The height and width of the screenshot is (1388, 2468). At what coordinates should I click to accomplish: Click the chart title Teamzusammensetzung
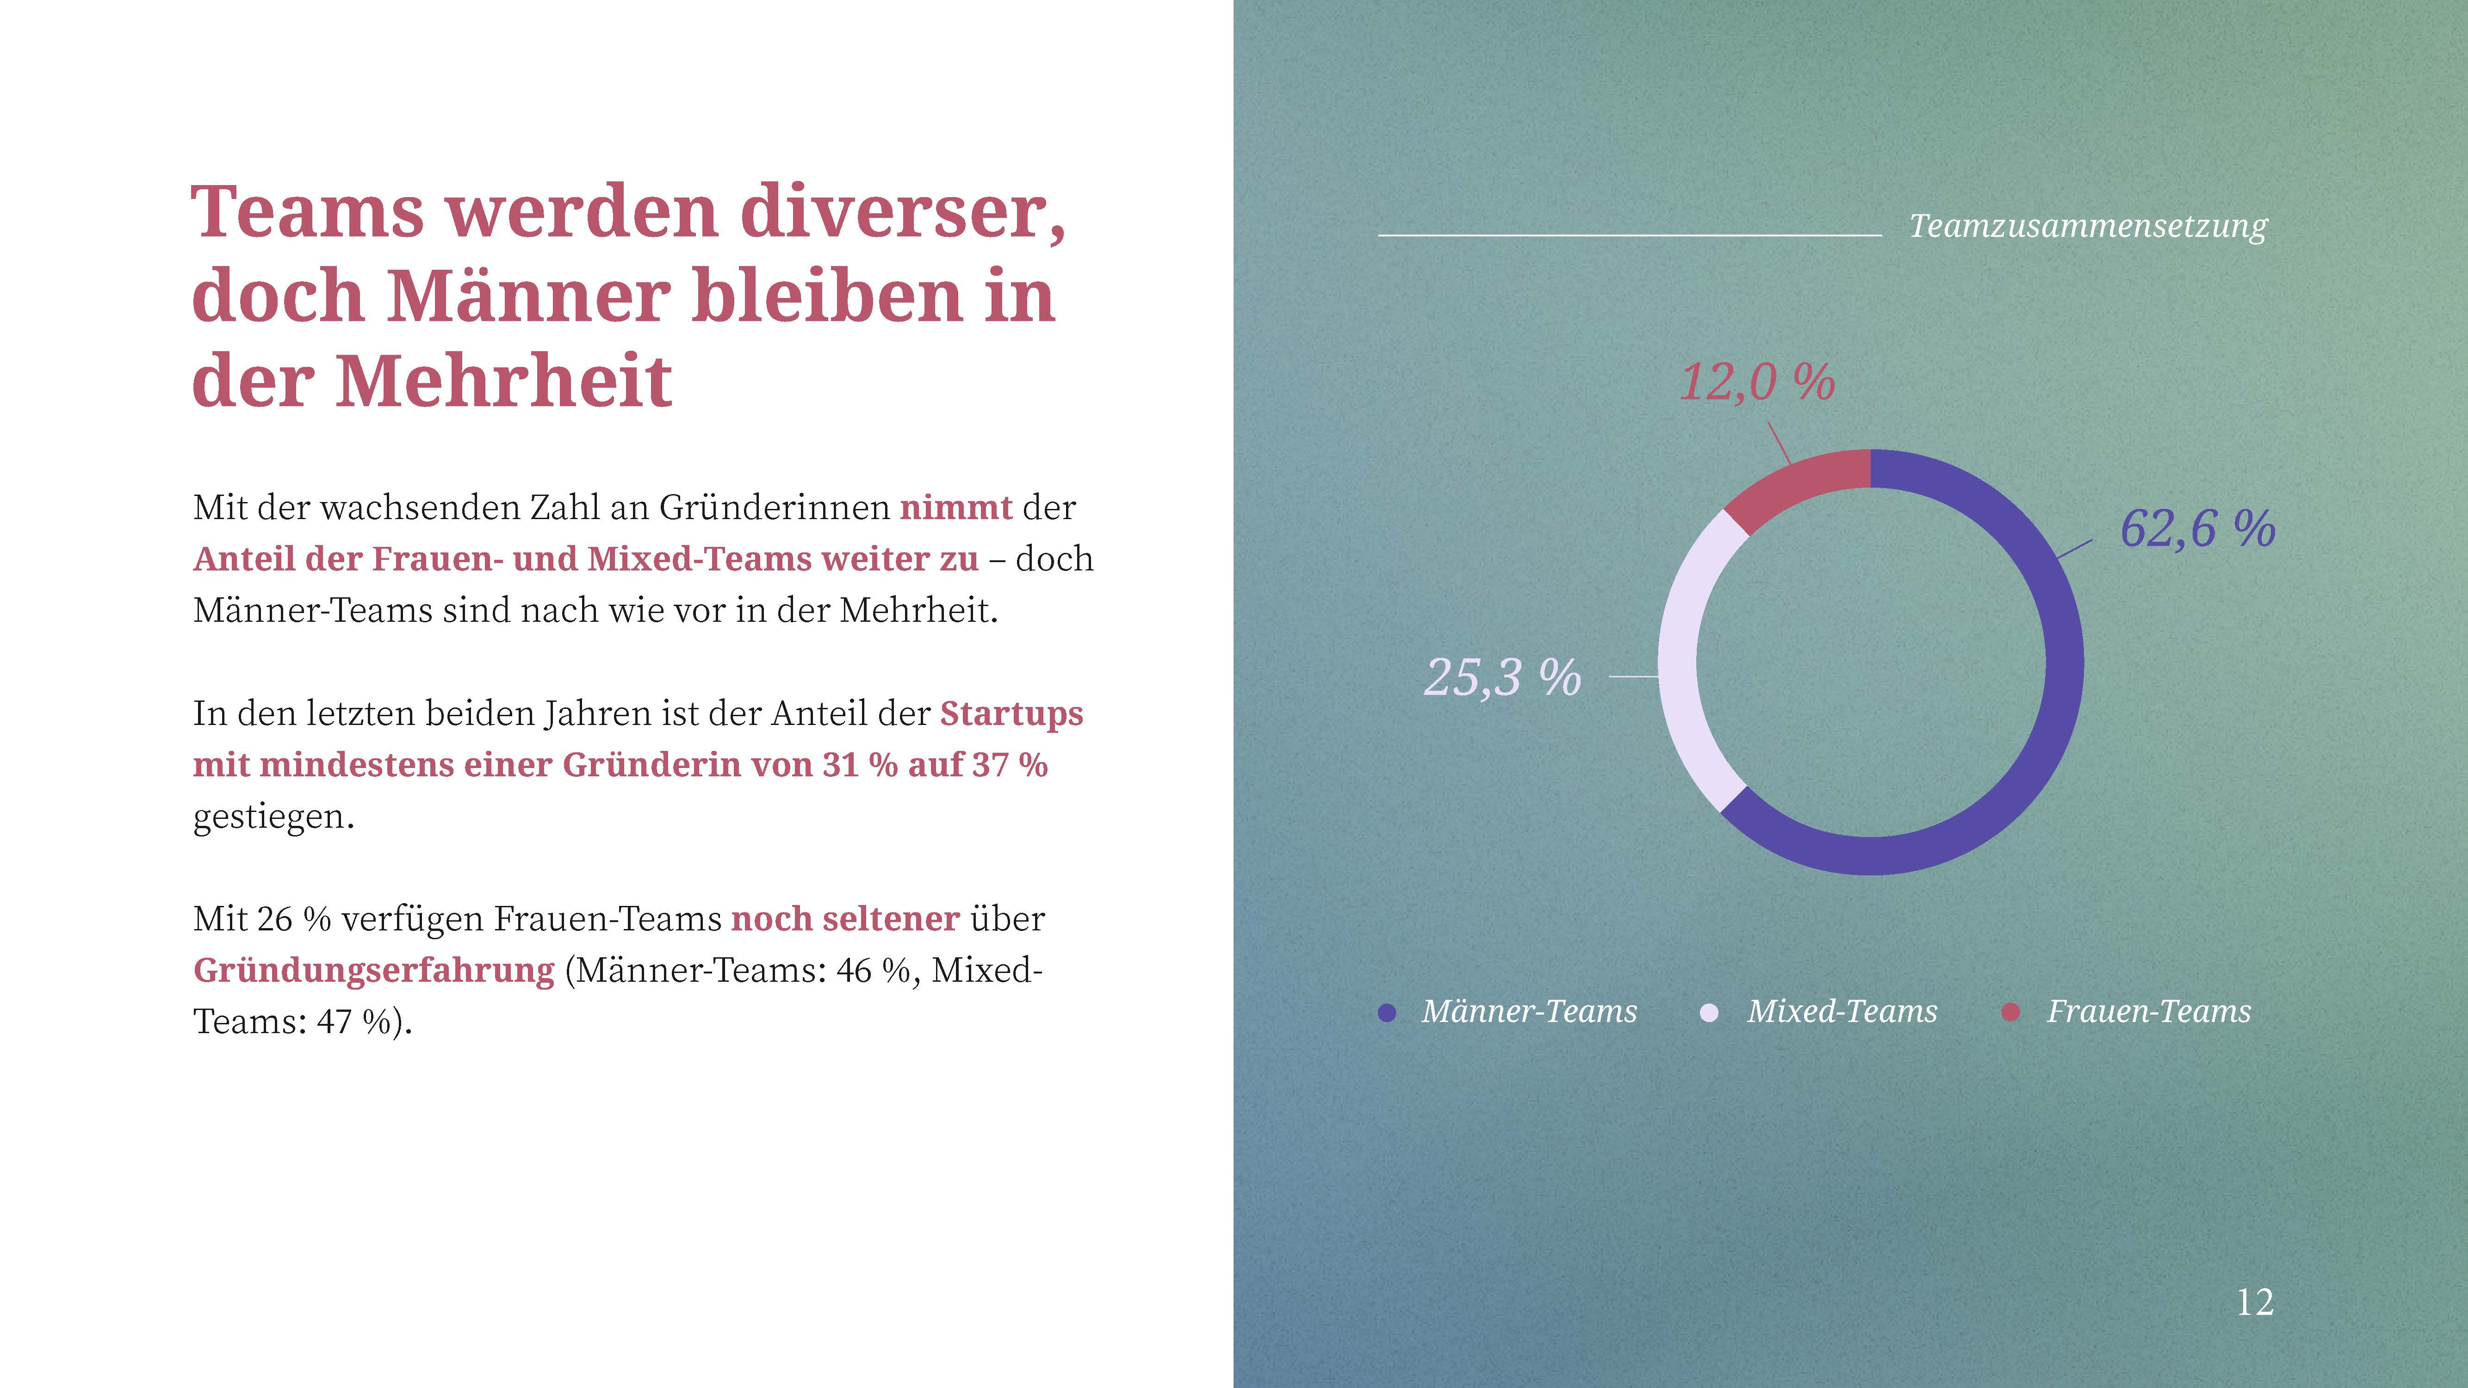pyautogui.click(x=2088, y=226)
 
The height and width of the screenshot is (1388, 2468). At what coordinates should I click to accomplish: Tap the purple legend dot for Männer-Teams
pyautogui.click(x=1386, y=1012)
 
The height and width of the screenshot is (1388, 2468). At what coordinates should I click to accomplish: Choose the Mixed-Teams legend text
pyautogui.click(x=1842, y=1011)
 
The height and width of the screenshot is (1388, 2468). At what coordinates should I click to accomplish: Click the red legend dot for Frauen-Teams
pyautogui.click(x=2011, y=1012)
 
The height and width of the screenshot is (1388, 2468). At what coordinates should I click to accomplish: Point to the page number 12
pyautogui.click(x=2254, y=1303)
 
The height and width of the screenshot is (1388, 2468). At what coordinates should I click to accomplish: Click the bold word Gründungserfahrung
pyautogui.click(x=374, y=970)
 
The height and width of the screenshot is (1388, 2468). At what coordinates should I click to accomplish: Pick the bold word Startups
pyautogui.click(x=1011, y=713)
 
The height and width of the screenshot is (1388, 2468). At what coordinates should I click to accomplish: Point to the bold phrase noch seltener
pyautogui.click(x=845, y=919)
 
